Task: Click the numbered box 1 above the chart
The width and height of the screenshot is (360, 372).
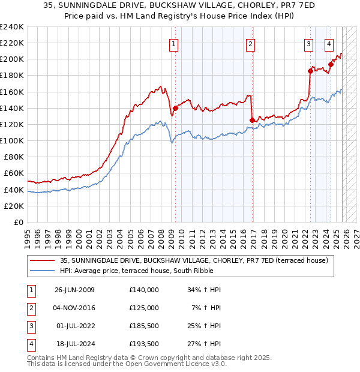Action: coord(173,43)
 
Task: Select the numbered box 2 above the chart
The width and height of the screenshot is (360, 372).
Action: coord(250,43)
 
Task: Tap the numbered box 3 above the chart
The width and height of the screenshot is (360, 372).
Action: coord(308,43)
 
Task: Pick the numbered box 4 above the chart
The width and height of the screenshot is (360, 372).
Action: coord(329,43)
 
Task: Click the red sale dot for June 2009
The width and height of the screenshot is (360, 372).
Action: coord(175,108)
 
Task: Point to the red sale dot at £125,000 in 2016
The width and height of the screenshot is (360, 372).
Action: coord(252,120)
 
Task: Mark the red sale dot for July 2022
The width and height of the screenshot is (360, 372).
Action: coord(310,71)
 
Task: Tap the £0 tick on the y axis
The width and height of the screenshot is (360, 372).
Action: coord(18,222)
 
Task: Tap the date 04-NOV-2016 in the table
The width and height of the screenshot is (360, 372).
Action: coord(74,307)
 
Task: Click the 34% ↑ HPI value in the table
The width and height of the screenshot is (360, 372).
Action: coord(205,289)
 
